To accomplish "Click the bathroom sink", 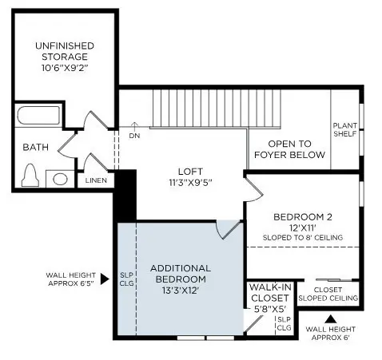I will coord(61,178).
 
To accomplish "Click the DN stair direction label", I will coord(135,135).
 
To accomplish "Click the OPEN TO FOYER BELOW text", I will coord(289,149).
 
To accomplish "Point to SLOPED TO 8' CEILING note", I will coord(302,238).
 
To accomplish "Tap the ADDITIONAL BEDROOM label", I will coord(180,274).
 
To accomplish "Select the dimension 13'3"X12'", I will coord(180,291).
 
